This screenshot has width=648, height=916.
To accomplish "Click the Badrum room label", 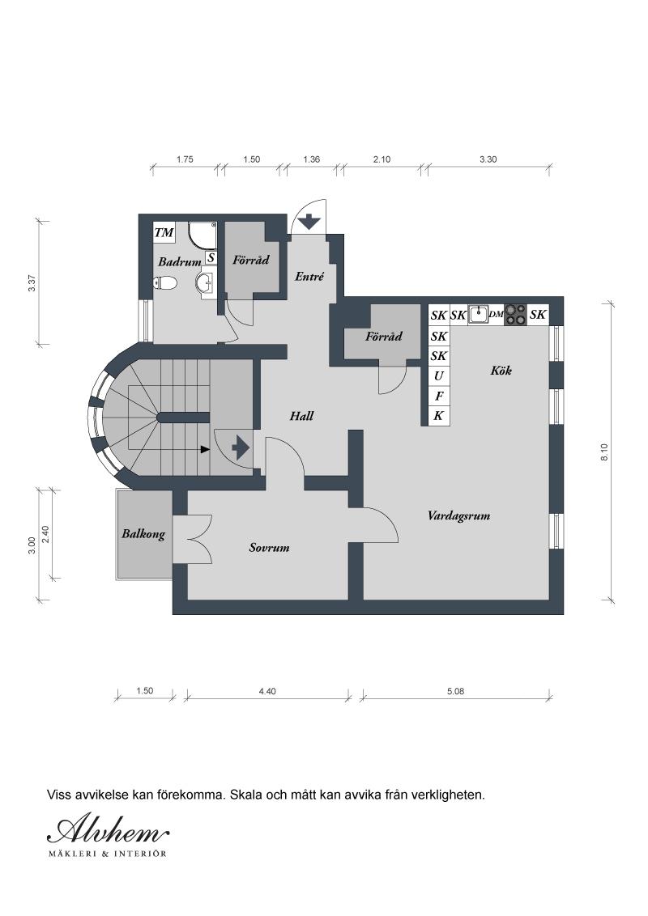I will pos(179,262).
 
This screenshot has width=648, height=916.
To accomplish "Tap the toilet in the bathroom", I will pos(165,282).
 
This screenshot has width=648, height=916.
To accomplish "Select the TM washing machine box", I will pos(164,234).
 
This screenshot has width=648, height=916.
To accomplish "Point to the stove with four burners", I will pos(516,315).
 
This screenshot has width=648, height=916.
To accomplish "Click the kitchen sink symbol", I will pos(479,314).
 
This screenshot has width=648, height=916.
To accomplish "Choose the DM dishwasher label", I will pos(497,315).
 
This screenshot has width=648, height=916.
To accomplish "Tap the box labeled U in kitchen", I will pos(439,375).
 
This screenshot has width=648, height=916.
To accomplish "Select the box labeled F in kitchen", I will pos(439,396).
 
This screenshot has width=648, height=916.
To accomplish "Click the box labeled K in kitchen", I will pos(439,416).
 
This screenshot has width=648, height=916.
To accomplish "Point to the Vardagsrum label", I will pos(458,515).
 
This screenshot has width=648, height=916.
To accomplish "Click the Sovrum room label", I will pos(269,548).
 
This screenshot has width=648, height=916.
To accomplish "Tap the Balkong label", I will pos(143,534).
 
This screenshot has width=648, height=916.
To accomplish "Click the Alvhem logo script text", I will pos(109,829).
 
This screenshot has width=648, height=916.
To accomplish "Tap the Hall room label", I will pos(301,416).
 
